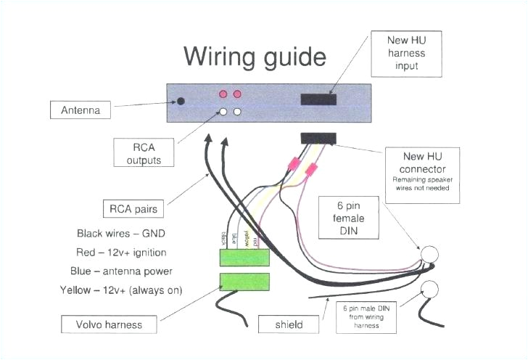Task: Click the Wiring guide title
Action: point(255,56)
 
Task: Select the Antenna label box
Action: point(81,110)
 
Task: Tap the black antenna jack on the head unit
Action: point(181,100)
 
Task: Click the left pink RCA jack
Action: point(224,94)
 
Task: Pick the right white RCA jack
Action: point(238,112)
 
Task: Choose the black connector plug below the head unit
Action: point(318,138)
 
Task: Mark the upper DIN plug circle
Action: point(431,255)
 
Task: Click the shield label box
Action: point(289,324)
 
